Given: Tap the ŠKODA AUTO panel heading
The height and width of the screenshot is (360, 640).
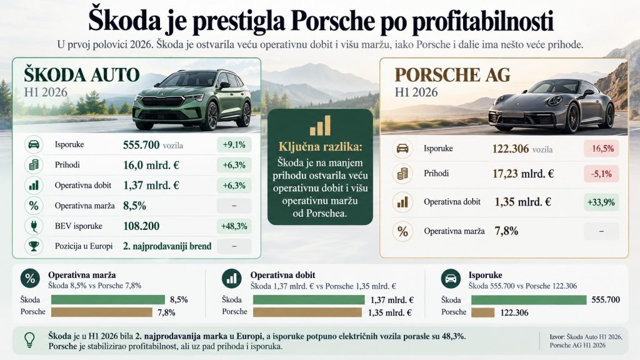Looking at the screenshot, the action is click(x=82, y=75).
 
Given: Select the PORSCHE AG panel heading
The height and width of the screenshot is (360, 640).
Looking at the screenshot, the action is click(x=452, y=75).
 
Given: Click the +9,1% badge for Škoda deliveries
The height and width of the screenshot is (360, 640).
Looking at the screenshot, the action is click(x=234, y=144).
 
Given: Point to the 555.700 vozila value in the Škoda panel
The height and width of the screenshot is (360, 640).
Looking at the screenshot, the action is click(x=153, y=145).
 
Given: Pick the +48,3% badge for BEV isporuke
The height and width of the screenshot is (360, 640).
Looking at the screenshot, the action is click(x=234, y=226).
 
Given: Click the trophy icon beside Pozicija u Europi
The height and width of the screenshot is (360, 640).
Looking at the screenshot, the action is click(x=34, y=246).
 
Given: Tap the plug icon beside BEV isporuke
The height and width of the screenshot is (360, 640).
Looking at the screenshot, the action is click(x=34, y=226).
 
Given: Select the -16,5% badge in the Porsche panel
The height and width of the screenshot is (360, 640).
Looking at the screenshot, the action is click(x=601, y=149).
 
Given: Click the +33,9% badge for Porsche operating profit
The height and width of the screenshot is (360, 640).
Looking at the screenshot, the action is click(x=601, y=202).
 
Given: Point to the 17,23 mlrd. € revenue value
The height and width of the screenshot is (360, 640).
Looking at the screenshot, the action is click(x=523, y=174).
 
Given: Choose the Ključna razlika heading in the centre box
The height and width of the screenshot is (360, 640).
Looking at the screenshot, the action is click(x=320, y=146).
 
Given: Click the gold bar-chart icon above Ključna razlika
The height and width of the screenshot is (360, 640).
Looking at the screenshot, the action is click(x=320, y=125).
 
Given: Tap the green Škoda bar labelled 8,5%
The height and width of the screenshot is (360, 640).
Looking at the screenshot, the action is click(x=108, y=299).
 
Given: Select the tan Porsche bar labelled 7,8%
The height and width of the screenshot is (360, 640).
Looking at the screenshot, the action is click(x=102, y=312).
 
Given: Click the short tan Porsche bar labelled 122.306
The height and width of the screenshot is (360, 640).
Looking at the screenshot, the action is click(x=483, y=312).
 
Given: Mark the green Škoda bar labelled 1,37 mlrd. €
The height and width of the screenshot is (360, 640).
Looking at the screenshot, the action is click(x=309, y=299).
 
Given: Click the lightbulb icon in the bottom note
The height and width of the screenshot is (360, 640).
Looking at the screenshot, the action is click(x=29, y=339).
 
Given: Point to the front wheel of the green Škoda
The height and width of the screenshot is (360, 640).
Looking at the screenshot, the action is click(x=212, y=116).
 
